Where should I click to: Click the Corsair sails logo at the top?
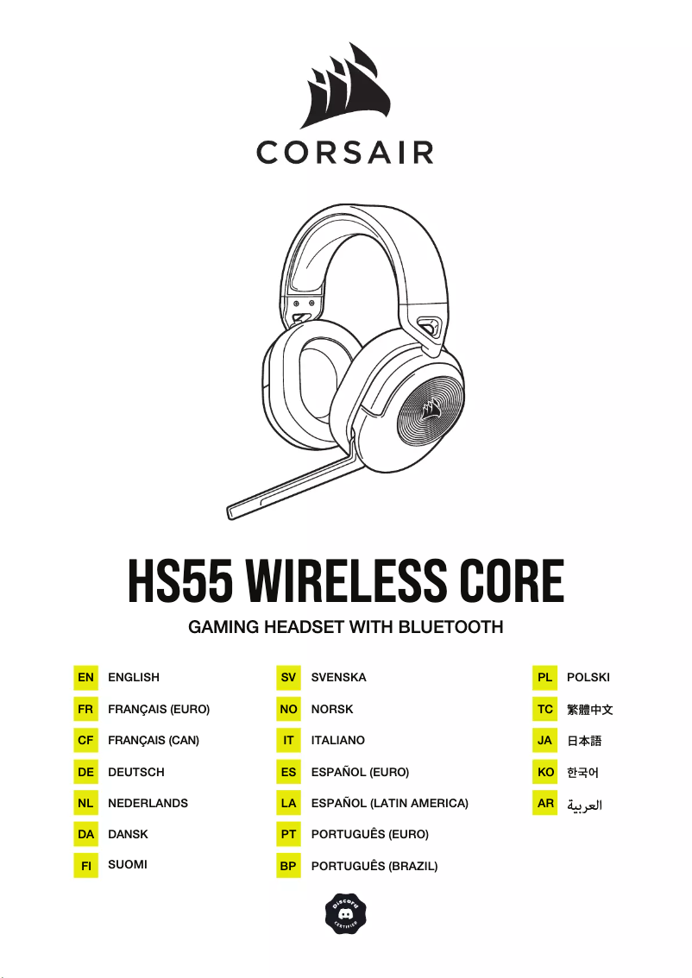[345, 86]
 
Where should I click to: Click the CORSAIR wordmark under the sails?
[345, 154]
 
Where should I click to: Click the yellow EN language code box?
[85, 678]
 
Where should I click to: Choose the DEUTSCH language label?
[135, 772]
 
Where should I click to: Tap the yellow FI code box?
[85, 865]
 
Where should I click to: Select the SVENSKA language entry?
[338, 678]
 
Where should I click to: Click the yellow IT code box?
[288, 741]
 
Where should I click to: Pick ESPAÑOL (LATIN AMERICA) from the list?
[389, 803]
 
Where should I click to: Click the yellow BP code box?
[288, 866]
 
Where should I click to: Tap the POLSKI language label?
[588, 678]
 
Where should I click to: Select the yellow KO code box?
[545, 772]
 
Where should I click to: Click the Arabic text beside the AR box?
[584, 805]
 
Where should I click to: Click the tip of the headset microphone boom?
[233, 511]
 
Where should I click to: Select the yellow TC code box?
[545, 709]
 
